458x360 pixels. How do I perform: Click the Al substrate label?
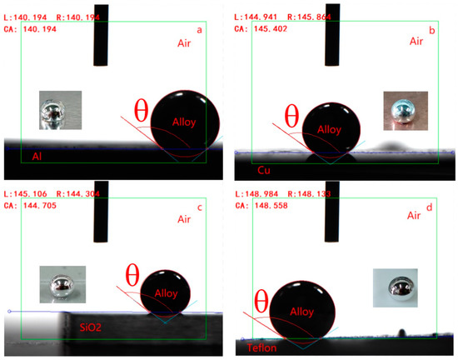37,156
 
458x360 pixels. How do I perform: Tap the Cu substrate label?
265,170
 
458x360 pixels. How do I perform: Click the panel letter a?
198,31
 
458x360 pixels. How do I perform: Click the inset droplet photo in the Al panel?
59,112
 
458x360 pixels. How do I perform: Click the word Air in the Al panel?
184,43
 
